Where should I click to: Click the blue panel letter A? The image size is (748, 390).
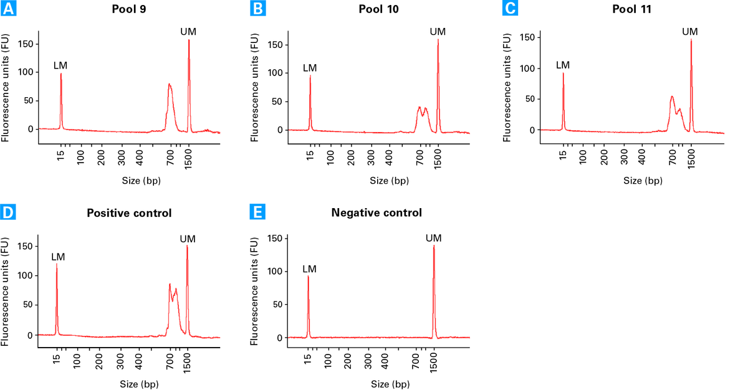(8, 8)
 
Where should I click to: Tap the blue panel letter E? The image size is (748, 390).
(257, 212)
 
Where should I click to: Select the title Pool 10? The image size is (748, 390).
(379, 9)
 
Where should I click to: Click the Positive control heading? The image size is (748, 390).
(129, 213)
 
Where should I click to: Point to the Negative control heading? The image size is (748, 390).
(376, 212)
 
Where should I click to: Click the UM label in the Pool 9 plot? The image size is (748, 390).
(188, 32)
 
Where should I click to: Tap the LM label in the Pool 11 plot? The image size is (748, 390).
(563, 65)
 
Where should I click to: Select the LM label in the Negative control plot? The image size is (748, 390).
(310, 269)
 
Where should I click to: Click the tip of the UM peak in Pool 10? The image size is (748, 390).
(438, 39)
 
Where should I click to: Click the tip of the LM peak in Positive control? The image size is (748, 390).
(57, 264)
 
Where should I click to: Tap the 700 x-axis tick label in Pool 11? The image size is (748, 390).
(673, 157)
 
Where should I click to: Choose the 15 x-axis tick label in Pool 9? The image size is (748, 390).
(60, 155)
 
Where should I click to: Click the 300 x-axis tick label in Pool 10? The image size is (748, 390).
(371, 158)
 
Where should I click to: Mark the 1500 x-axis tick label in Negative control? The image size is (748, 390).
(433, 363)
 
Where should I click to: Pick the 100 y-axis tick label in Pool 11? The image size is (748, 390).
(527, 69)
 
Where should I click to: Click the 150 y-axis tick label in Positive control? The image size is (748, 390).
(25, 246)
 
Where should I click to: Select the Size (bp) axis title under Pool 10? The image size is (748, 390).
(390, 181)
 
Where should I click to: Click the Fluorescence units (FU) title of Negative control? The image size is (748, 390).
(254, 291)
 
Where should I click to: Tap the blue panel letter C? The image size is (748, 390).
(511, 8)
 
